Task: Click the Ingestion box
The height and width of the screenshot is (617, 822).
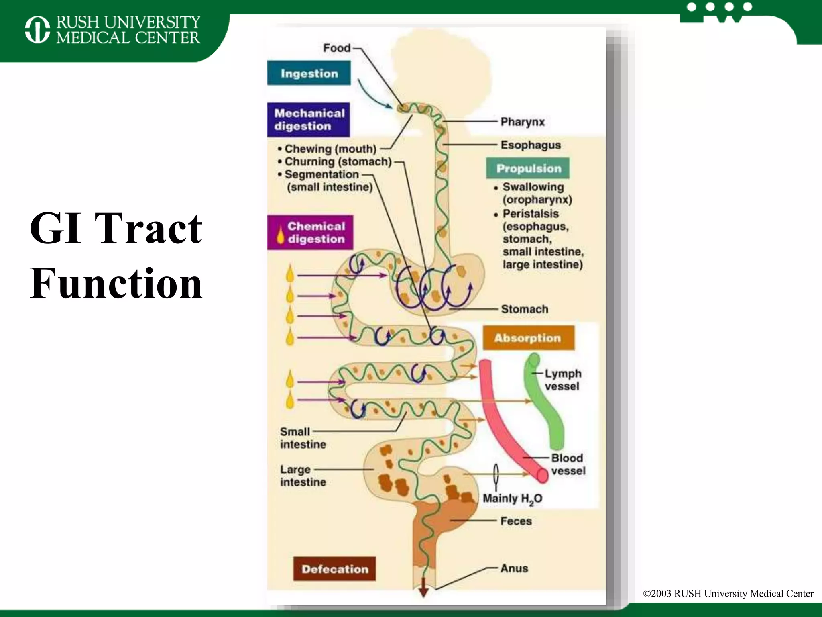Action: pos(309,73)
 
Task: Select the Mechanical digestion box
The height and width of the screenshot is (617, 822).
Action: pos(309,120)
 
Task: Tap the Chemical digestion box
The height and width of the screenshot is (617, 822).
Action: pos(310,233)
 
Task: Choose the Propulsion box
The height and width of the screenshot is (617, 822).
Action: pos(528,168)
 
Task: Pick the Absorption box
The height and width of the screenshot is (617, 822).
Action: pos(528,338)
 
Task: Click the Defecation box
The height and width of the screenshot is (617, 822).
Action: pos(334,569)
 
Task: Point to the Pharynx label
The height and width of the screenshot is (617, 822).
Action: pos(522,122)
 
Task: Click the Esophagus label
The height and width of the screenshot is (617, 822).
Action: pos(530,145)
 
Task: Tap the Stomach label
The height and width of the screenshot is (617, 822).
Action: pos(524,309)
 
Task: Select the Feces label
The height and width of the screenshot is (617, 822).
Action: pos(516,521)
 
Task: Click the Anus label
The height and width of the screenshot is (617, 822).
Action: pos(514,568)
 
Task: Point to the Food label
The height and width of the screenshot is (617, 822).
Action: pos(337,48)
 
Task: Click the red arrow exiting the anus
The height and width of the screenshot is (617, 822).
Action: pos(423,589)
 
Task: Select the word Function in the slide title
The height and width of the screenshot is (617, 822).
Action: pos(116,284)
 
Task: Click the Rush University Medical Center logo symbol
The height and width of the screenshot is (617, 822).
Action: pos(37,29)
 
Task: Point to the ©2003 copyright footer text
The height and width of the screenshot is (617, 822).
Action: pos(728,594)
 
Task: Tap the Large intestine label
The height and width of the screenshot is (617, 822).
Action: pos(303,476)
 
